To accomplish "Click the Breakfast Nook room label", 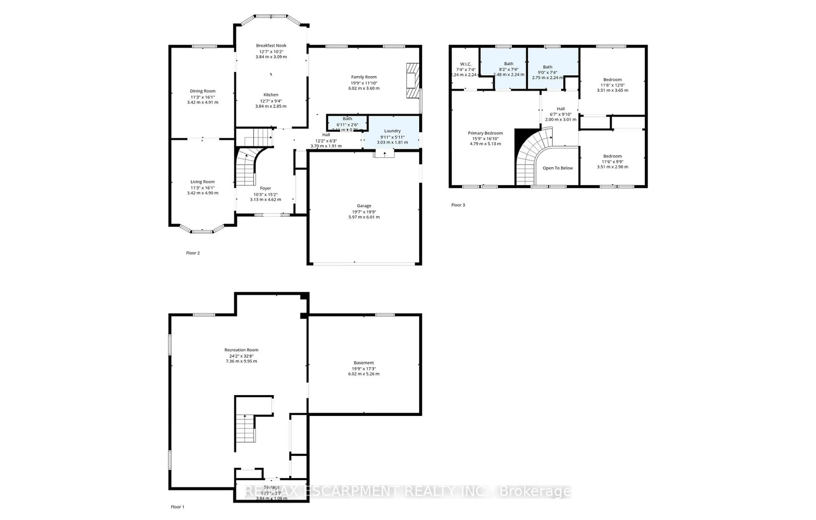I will coord(271,45).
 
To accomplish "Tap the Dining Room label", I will coord(202,91).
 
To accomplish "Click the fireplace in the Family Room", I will coord(413,81).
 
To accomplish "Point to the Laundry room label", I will coord(392,131).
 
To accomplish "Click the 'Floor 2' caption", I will coord(193,253).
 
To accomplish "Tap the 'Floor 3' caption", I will coord(458,205).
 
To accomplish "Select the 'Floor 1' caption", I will coord(178,507).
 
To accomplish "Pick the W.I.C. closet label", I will coord(466,64).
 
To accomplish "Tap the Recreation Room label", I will coord(241,350).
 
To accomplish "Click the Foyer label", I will coord(265,188).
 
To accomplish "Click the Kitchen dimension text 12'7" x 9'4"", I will coord(271,101).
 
